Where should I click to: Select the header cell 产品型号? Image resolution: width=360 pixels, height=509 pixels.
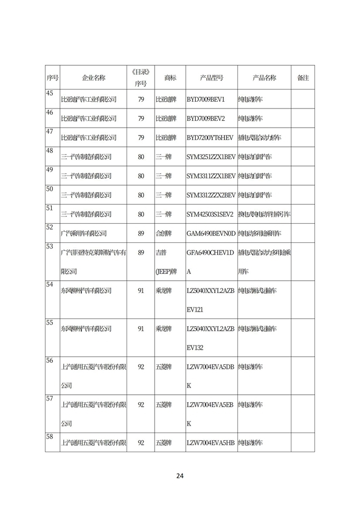click(211, 78)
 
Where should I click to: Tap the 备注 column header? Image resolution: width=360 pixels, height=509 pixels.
click(303, 78)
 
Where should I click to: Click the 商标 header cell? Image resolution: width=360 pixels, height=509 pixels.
click(170, 78)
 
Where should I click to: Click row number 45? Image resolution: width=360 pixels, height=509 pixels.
click(49, 93)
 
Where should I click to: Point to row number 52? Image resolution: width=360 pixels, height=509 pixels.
click(49, 227)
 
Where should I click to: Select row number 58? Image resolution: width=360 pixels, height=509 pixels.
click(49, 436)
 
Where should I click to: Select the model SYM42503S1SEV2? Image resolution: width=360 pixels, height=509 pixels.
click(210, 214)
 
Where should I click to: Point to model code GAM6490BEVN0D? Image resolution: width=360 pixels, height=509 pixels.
click(210, 233)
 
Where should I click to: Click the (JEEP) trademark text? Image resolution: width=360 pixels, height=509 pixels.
click(166, 272)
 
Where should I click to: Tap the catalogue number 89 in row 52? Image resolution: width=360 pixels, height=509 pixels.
click(141, 233)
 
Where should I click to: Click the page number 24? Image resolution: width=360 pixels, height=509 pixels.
click(179, 476)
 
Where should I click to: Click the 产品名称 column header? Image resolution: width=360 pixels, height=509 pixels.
click(264, 78)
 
